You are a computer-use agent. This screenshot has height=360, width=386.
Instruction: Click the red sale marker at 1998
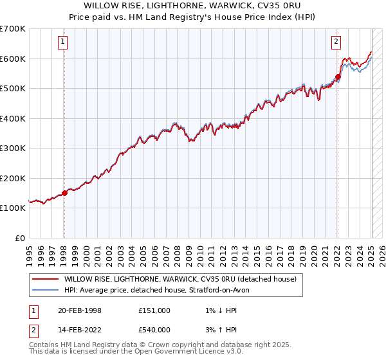tap(64, 193)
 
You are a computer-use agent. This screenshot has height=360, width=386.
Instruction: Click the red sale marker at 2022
tap(338, 77)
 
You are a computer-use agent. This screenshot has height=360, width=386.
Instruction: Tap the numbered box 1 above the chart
tap(63, 42)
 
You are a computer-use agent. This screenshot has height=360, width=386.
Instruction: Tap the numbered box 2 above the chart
tap(336, 42)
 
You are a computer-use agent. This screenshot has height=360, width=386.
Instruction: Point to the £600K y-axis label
tap(12, 59)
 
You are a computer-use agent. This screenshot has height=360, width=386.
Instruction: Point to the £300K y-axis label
tap(12, 148)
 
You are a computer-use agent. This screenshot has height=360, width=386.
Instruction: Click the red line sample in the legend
tap(46, 280)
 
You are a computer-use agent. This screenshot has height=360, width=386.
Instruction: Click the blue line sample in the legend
tap(46, 290)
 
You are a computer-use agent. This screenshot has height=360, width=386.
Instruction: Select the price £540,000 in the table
tap(154, 331)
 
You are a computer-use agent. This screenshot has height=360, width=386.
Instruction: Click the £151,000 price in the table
tap(154, 310)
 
